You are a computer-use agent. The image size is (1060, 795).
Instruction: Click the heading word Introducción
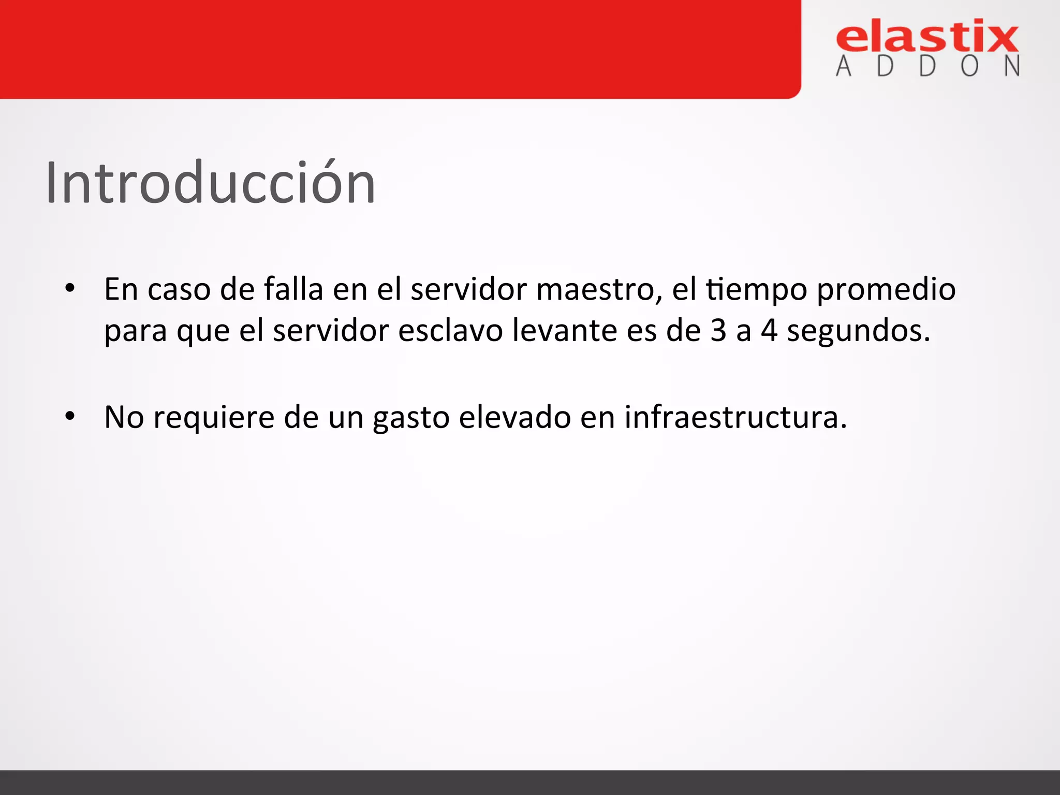210,183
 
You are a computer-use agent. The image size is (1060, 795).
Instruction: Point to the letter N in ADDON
1012,66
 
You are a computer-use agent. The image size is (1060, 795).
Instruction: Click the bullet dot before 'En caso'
70,288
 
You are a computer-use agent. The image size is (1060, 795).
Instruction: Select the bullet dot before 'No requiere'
70,416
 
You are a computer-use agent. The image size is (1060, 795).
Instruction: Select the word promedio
886,290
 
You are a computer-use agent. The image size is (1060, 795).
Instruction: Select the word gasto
411,418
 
